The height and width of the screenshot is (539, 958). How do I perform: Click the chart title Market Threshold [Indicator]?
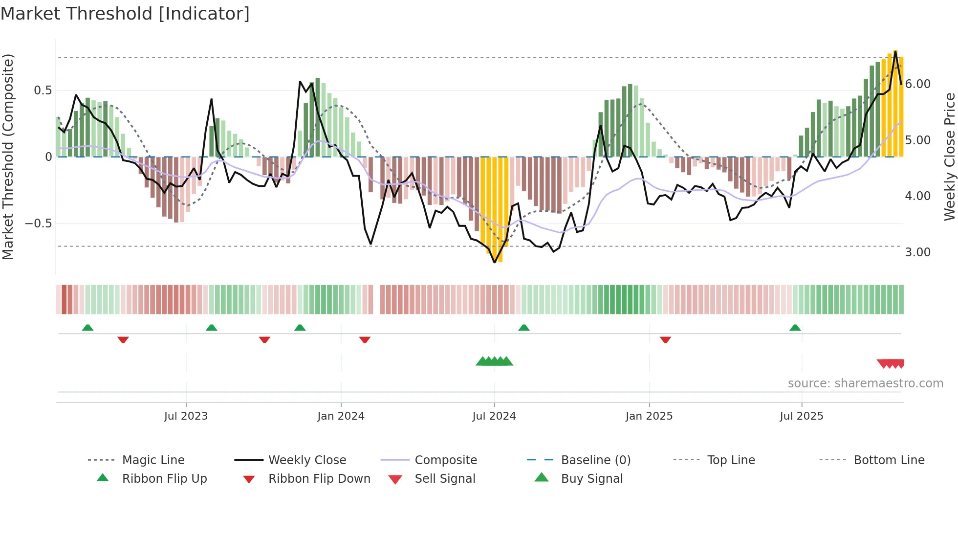pos(125,14)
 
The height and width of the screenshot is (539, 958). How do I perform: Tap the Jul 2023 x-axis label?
pos(186,416)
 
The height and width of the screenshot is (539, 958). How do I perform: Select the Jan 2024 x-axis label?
pos(341,416)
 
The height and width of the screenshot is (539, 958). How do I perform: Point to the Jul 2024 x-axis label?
pos(494,416)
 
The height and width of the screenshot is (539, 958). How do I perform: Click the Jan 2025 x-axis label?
pos(649,416)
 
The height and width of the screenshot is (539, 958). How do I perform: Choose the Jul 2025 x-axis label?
pos(802,416)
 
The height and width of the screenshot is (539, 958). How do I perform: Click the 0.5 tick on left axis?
pos(43,90)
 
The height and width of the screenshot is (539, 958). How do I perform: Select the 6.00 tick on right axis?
pos(918,84)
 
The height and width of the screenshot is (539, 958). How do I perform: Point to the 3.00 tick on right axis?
pos(918,252)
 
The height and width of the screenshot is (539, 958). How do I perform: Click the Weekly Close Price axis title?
pos(949,157)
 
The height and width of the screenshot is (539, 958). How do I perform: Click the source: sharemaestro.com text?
pos(865,383)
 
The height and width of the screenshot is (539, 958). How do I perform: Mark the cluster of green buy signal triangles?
pos(494,361)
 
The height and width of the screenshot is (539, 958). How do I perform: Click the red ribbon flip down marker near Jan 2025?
pos(665,339)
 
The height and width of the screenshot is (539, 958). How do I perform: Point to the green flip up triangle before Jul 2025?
pos(795,328)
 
